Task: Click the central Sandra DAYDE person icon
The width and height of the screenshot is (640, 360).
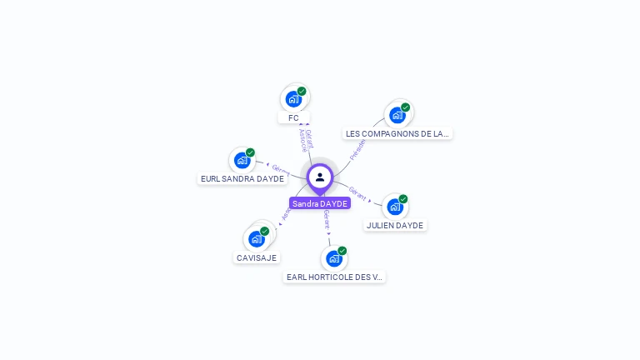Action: (320, 177)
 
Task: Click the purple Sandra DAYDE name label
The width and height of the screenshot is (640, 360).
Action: (320, 203)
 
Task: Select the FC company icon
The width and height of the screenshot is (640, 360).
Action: (293, 99)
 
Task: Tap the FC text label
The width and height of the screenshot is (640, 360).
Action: (293, 118)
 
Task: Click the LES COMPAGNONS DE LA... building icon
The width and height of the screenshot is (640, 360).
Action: (397, 115)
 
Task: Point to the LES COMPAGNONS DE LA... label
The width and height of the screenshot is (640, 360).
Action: (397, 133)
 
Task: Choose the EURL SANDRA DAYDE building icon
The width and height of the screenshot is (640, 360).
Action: (242, 160)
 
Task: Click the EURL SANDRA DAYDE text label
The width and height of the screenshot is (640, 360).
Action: (242, 178)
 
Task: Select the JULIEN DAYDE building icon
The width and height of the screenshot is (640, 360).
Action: (394, 207)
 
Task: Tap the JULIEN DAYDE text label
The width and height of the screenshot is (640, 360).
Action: (395, 225)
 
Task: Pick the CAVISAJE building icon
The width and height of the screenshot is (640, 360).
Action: (257, 239)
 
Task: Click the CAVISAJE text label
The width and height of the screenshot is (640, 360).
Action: (257, 257)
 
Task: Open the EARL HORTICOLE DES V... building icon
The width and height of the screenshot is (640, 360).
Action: (334, 258)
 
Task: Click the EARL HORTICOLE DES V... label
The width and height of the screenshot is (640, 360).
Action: (334, 277)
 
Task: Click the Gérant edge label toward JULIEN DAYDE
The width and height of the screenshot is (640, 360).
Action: (357, 192)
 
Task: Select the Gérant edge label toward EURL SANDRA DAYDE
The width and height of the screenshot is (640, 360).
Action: (281, 170)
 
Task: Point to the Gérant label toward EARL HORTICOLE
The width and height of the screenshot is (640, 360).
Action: (327, 220)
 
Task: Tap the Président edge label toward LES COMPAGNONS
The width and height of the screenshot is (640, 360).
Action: (357, 149)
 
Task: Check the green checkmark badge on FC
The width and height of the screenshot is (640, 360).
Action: (302, 91)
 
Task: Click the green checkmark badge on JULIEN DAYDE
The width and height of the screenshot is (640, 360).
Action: (403, 198)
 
